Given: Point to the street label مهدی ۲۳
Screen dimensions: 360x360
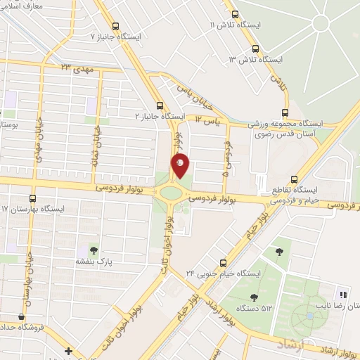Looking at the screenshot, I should pyautogui.click(x=77, y=67).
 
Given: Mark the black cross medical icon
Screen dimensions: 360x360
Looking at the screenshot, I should pyautogui.click(x=67, y=351).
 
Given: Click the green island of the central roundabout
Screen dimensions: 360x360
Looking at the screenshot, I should pyautogui.click(x=170, y=193).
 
